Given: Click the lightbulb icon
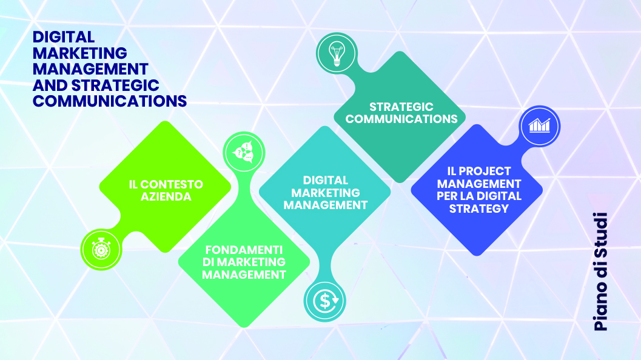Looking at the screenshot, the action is [337, 53].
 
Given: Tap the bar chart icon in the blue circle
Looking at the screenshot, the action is [539, 126].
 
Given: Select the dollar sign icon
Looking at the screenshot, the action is [326, 301].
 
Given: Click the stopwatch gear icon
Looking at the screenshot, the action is [101, 249].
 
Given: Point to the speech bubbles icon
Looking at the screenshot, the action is [243, 152].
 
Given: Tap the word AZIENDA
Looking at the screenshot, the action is [166, 197].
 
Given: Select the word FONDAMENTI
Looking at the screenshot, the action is [244, 250].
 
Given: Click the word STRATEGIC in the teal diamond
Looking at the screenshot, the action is [401, 107].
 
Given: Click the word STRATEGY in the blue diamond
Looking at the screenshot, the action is [478, 209].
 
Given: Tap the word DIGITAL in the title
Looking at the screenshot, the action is [63, 37].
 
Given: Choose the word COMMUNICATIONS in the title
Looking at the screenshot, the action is [110, 101].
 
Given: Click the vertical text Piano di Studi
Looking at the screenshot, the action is [600, 272].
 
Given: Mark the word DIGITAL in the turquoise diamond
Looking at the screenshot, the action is [326, 180].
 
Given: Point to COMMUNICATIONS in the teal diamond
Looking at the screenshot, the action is [401, 119].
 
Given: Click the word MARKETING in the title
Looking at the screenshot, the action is [79, 53].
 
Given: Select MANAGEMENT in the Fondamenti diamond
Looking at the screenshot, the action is [244, 275].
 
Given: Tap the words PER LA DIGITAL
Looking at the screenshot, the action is [478, 196].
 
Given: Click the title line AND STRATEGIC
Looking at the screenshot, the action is [96, 85].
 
